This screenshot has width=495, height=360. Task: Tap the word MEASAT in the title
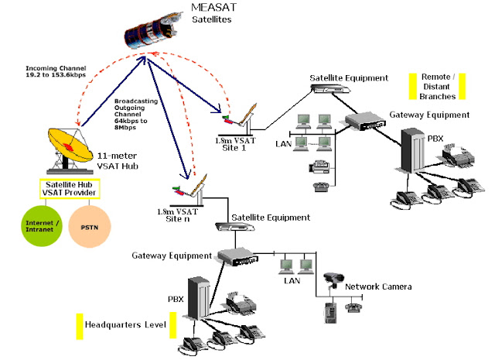[x=213, y=8]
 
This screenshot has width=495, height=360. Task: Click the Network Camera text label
[x=377, y=286]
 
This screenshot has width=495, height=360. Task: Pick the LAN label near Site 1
[x=284, y=143]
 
